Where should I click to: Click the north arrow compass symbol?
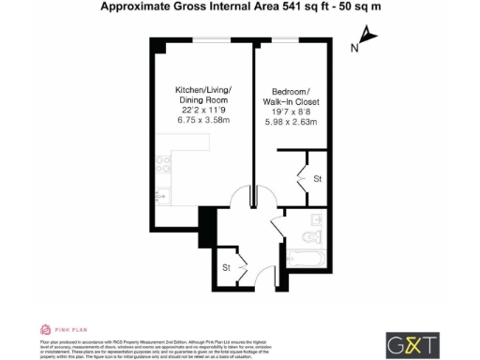367,39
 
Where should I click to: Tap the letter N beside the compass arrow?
353,48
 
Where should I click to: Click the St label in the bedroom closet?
318,178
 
